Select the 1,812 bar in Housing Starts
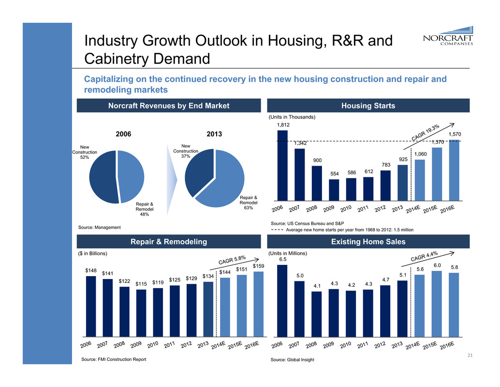282,165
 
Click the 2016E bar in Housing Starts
455,170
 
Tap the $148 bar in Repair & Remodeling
90,306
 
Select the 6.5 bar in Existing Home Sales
282,300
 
